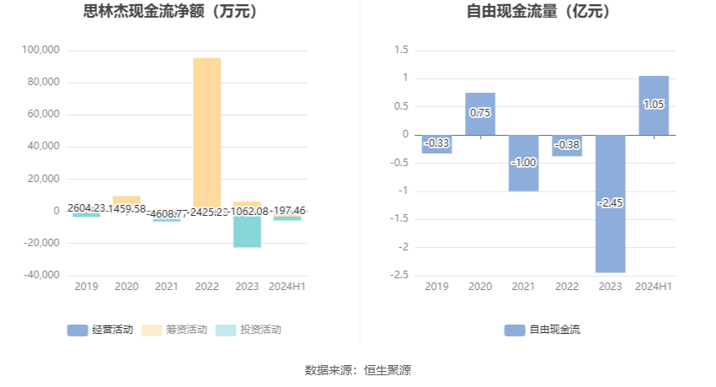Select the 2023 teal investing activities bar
click(x=248, y=232)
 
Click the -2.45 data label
click(x=610, y=203)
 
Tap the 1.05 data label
click(x=654, y=105)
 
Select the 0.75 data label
click(x=480, y=113)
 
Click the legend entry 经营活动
click(x=100, y=330)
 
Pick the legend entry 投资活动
click(x=248, y=330)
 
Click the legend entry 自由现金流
click(x=542, y=330)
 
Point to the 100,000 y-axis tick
click(x=40, y=51)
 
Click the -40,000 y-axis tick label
click(x=40, y=275)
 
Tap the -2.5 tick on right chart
click(x=400, y=275)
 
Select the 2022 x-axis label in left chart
click(x=207, y=287)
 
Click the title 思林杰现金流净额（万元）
click(x=171, y=12)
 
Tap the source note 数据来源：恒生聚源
click(x=358, y=369)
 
